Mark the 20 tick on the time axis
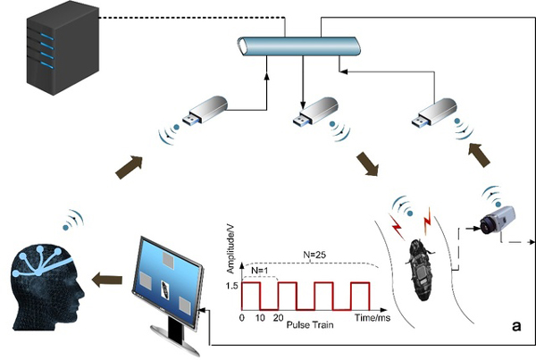278,317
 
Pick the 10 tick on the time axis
260,317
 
